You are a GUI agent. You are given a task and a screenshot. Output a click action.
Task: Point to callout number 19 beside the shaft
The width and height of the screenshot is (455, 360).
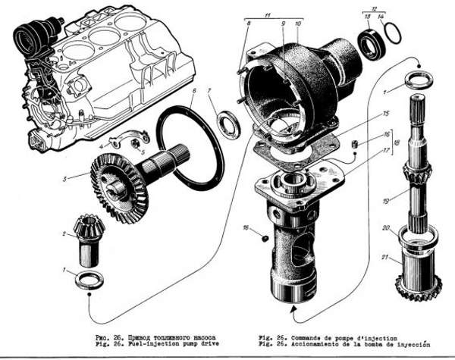click(386, 202)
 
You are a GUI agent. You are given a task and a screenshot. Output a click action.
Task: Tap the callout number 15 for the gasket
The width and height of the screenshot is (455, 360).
click(366, 114)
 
